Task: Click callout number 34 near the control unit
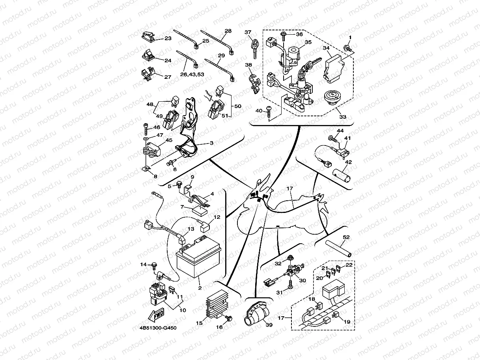pos(326,48)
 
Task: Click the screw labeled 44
pos(332,138)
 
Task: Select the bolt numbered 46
pos(146,128)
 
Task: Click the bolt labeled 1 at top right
pos(347,48)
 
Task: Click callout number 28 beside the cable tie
pos(228,31)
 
